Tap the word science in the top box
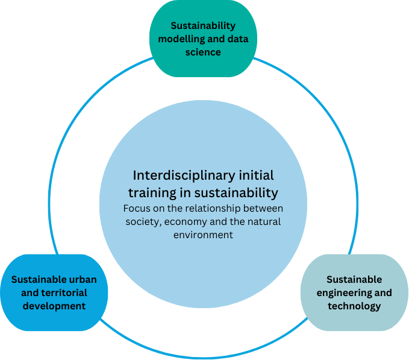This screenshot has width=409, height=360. coord(203,52)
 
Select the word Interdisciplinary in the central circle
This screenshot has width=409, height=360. coord(181,175)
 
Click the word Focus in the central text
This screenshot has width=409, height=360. coord(136,209)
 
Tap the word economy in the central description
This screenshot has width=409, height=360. coord(180,222)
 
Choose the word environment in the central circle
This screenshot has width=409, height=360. coord(203,235)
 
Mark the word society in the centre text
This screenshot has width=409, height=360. coord(142,222)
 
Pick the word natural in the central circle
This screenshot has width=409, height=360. coord(264,222)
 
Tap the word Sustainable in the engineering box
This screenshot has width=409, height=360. coord(354,280)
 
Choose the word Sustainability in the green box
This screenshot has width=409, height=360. coord(203,26)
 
